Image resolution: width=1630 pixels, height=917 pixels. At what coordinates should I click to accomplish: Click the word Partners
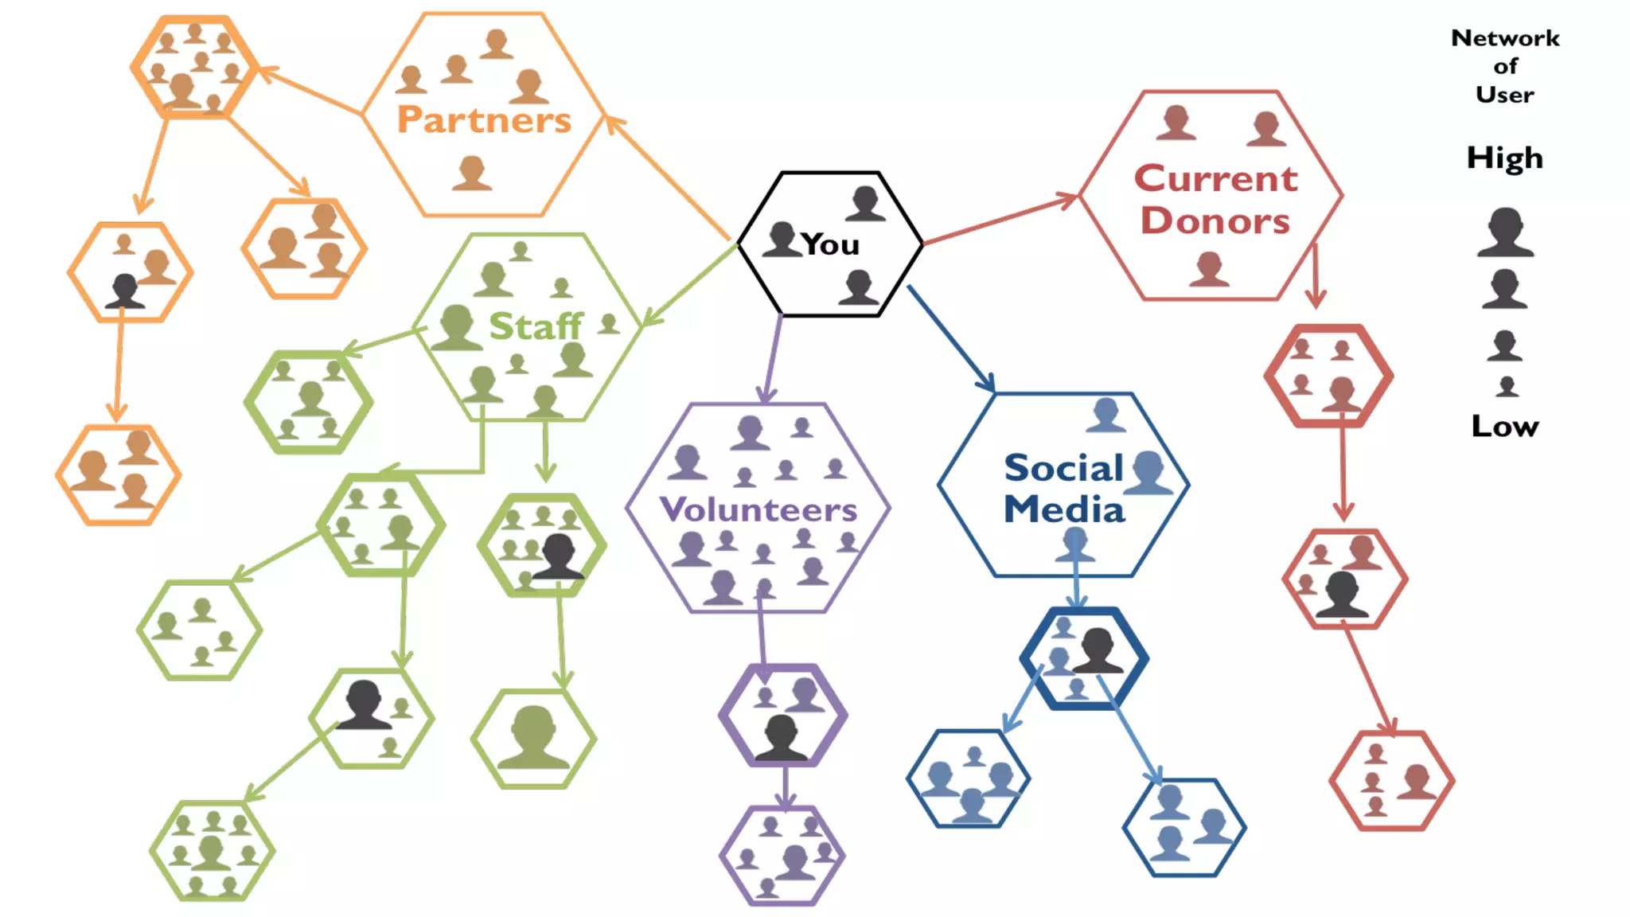pyautogui.click(x=484, y=120)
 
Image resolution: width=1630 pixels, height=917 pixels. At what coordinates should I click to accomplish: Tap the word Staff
pyautogui.click(x=536, y=326)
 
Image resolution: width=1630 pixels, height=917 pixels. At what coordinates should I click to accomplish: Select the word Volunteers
pyautogui.click(x=758, y=509)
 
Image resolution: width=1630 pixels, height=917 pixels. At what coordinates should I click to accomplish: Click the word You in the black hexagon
pyautogui.click(x=830, y=244)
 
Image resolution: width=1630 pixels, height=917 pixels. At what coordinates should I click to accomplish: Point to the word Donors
pyautogui.click(x=1215, y=220)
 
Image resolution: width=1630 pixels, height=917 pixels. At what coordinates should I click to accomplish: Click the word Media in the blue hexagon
pyautogui.click(x=1064, y=509)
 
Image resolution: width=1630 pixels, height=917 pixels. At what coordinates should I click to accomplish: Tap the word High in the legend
pyautogui.click(x=1504, y=158)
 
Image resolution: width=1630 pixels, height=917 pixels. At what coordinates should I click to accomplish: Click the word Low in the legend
pyautogui.click(x=1504, y=426)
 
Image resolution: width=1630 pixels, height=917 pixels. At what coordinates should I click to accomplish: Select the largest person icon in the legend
pyautogui.click(x=1505, y=232)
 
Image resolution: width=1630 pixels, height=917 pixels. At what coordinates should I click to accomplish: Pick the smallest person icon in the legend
pyautogui.click(x=1507, y=387)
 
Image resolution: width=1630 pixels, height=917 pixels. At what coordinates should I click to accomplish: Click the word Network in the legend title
pyautogui.click(x=1505, y=38)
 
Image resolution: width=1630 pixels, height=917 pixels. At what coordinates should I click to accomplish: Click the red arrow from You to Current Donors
pyautogui.click(x=999, y=219)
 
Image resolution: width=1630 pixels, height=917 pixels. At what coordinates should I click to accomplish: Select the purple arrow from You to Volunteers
pyautogui.click(x=772, y=358)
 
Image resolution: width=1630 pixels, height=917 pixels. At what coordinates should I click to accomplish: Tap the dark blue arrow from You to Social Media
pyautogui.click(x=951, y=338)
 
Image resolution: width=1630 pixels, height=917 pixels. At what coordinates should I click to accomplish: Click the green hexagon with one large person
pyautogui.click(x=533, y=739)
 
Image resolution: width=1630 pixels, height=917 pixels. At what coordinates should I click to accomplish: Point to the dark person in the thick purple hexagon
pyautogui.click(x=781, y=736)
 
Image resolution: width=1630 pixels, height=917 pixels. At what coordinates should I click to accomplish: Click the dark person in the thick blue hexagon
pyautogui.click(x=1098, y=650)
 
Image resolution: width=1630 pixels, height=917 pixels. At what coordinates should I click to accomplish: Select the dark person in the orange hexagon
pyautogui.click(x=125, y=291)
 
